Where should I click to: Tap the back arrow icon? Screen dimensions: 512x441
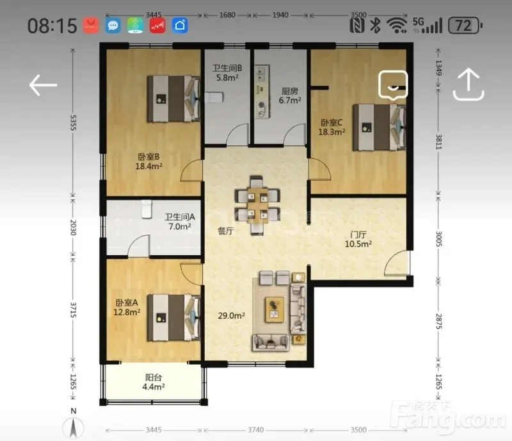coord(43,85)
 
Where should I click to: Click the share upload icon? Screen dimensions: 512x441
coord(468,84)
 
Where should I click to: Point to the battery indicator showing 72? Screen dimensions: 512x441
coord(465,26)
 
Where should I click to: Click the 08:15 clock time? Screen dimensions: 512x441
coord(52,26)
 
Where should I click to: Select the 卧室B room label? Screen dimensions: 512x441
coord(148,157)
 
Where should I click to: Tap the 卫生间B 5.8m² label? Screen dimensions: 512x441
coord(227,73)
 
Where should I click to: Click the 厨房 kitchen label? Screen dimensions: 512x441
coord(290,91)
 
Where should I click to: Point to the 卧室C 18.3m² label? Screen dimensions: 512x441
coord(332,128)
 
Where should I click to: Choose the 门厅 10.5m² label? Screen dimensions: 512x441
coord(358,239)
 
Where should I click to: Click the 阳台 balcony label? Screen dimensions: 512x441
coord(153,378)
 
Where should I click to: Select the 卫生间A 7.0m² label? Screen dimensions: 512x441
coord(180,222)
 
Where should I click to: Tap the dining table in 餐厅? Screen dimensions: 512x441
coord(257,205)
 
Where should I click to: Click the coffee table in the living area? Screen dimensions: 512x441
coord(275,310)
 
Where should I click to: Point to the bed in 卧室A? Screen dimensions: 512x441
coord(173,318)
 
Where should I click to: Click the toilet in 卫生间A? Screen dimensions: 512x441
coord(147,209)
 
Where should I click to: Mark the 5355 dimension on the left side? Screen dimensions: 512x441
coord(73,122)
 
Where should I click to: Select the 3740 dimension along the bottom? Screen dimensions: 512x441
coord(255,430)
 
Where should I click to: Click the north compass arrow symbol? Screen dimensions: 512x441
coord(73,428)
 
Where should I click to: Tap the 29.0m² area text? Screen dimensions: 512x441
coord(232,316)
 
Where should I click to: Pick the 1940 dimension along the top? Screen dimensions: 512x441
coord(280,15)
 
